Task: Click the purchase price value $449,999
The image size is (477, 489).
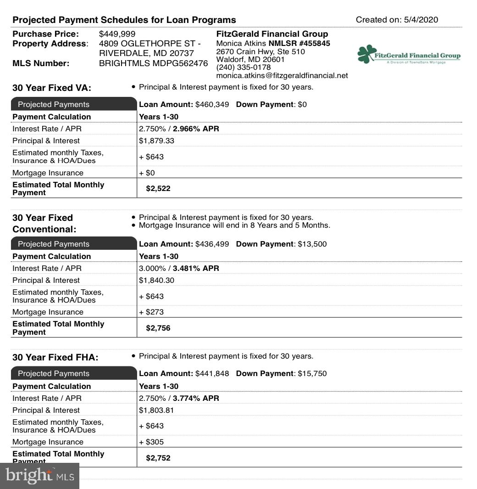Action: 117,34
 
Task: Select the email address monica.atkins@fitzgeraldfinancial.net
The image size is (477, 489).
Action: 282,75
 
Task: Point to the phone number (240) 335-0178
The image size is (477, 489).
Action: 243,67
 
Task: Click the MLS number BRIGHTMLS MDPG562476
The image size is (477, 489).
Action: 153,63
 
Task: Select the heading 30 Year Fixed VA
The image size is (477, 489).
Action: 51,88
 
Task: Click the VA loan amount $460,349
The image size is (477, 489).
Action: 212,105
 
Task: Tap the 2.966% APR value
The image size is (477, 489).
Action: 196,129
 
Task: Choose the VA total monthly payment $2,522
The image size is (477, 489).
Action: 158,189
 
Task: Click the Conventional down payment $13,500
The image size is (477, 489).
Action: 312,244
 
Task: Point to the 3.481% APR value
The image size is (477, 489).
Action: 196,269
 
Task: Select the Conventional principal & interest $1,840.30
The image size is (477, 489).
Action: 156,281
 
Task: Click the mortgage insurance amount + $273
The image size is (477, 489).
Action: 151,312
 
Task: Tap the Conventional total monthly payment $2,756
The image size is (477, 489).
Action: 158,328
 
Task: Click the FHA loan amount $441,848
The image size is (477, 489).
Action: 212,374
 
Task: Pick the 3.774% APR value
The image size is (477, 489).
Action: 196,399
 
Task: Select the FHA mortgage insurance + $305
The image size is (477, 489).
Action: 151,442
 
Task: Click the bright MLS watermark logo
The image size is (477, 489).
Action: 39,476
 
